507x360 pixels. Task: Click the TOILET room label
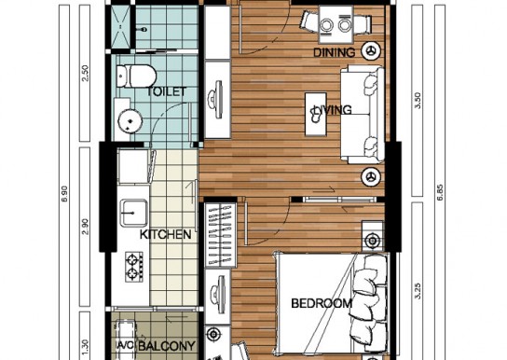tap(167, 91)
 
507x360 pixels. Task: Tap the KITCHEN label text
tap(165, 234)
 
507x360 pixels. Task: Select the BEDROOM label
tap(322, 303)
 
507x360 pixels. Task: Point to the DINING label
tap(334, 52)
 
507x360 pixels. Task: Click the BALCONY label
tap(167, 346)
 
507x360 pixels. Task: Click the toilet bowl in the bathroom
tap(136, 76)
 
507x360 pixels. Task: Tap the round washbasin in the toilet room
tap(130, 121)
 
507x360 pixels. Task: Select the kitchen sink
tap(134, 213)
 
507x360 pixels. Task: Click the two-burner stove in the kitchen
tap(134, 267)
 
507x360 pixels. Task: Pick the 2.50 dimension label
tap(85, 74)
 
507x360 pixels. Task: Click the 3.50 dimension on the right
tap(418, 101)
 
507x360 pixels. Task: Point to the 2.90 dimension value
tap(85, 227)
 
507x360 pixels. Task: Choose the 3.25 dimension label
tap(418, 291)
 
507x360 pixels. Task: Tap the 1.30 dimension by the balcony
tap(85, 347)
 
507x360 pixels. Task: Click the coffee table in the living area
tap(316, 114)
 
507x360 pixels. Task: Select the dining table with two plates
tap(336, 24)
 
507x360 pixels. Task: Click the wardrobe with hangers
tap(221, 235)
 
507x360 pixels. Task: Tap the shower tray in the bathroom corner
tap(120, 26)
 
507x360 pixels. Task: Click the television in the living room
tap(217, 99)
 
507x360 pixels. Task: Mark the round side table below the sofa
tap(371, 177)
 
